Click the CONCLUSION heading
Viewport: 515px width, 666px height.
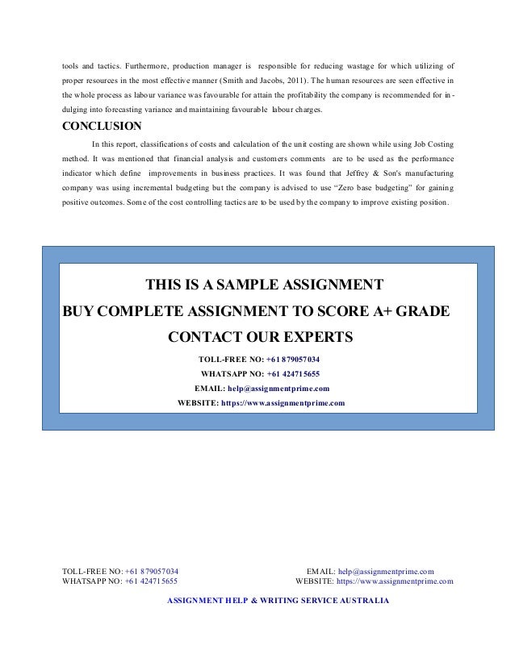coord(103,126)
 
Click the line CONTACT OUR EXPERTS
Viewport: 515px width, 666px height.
coord(260,335)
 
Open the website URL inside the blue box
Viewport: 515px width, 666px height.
coord(283,402)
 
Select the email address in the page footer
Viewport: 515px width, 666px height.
coord(386,571)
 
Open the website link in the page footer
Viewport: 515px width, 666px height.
coord(395,581)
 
